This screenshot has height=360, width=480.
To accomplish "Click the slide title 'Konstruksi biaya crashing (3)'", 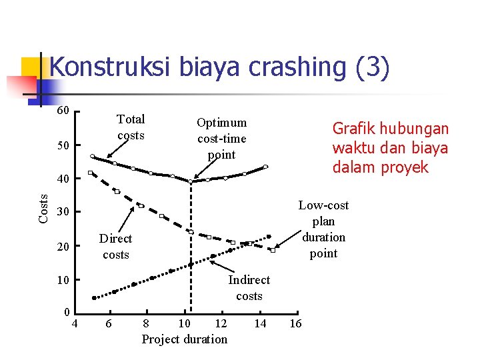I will pyautogui.click(x=219, y=68).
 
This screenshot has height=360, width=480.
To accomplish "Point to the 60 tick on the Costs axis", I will pyautogui.click(x=63, y=110).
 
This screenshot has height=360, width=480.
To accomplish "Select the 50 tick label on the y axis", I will pyautogui.click(x=63, y=145).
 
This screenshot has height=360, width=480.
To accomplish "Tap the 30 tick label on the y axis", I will pyautogui.click(x=63, y=212).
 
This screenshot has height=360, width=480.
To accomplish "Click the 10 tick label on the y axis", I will pyautogui.click(x=63, y=279).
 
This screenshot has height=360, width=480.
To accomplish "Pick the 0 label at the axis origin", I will pyautogui.click(x=67, y=313).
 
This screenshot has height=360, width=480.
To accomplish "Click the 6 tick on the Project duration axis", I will pyautogui.click(x=109, y=323).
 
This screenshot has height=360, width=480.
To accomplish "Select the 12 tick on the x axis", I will pyautogui.click(x=220, y=323).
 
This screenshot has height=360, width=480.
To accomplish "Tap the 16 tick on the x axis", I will pyautogui.click(x=295, y=323).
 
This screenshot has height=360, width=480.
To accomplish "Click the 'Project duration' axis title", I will pyautogui.click(x=185, y=339).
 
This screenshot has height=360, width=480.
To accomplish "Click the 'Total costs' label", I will pyautogui.click(x=131, y=127).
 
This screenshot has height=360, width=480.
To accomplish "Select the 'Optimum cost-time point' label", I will pyautogui.click(x=221, y=139).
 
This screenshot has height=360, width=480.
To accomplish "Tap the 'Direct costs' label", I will pyautogui.click(x=115, y=247).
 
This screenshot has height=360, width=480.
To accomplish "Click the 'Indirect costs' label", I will pyautogui.click(x=249, y=288).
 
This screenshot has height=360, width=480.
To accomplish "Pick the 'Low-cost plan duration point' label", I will pyautogui.click(x=323, y=229).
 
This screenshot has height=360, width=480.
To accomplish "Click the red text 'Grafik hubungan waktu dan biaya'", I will pyautogui.click(x=390, y=147).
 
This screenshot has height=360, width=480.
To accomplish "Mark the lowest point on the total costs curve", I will pyautogui.click(x=191, y=181).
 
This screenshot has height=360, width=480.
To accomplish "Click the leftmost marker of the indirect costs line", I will pyautogui.click(x=94, y=297).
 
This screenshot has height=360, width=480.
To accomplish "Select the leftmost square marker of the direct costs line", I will pyautogui.click(x=91, y=173).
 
